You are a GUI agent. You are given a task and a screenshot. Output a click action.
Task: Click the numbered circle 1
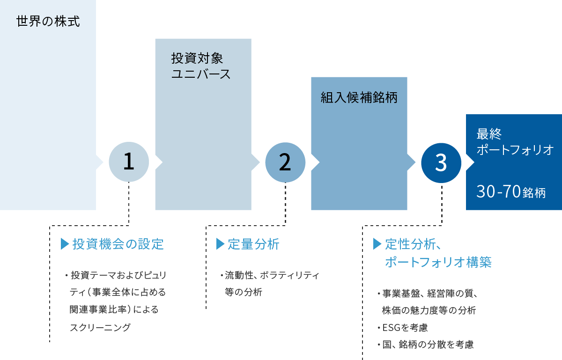pyautogui.click(x=129, y=162)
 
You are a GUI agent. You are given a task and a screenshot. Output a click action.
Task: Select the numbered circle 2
pyautogui.click(x=285, y=162)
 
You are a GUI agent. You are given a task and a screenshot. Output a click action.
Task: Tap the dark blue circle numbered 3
pyautogui.click(x=441, y=162)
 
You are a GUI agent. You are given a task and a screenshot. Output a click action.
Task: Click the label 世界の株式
pyautogui.click(x=48, y=22)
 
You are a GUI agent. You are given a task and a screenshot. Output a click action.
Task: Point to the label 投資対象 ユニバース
pyautogui.click(x=201, y=66)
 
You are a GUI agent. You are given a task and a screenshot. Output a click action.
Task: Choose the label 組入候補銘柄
pyautogui.click(x=359, y=97)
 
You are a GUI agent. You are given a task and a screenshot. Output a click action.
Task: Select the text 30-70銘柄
pyautogui.click(x=511, y=192)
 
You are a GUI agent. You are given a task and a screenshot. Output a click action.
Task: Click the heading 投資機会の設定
pyautogui.click(x=118, y=244)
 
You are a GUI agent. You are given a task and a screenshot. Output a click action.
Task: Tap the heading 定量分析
pyautogui.click(x=253, y=244)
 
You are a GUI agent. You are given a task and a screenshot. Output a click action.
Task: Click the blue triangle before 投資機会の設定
pyautogui.click(x=65, y=244)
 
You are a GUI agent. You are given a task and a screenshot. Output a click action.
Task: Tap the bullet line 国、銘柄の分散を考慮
pyautogui.click(x=428, y=345)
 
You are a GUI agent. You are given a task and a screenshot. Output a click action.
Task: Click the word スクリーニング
pyautogui.click(x=100, y=327)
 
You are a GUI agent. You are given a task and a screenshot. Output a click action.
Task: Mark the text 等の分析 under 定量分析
pyautogui.click(x=244, y=292)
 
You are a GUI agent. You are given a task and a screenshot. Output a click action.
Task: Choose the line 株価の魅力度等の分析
pyautogui.click(x=429, y=310)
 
